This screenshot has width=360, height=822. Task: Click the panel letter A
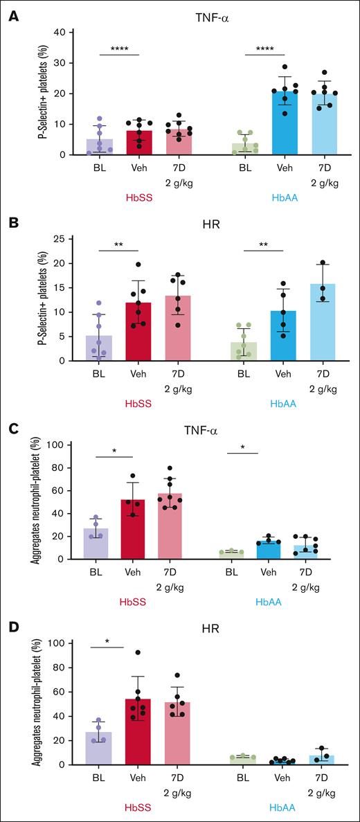[12, 15]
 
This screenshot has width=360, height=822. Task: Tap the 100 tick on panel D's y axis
[65, 643]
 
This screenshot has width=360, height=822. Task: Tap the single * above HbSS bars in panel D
[107, 642]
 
